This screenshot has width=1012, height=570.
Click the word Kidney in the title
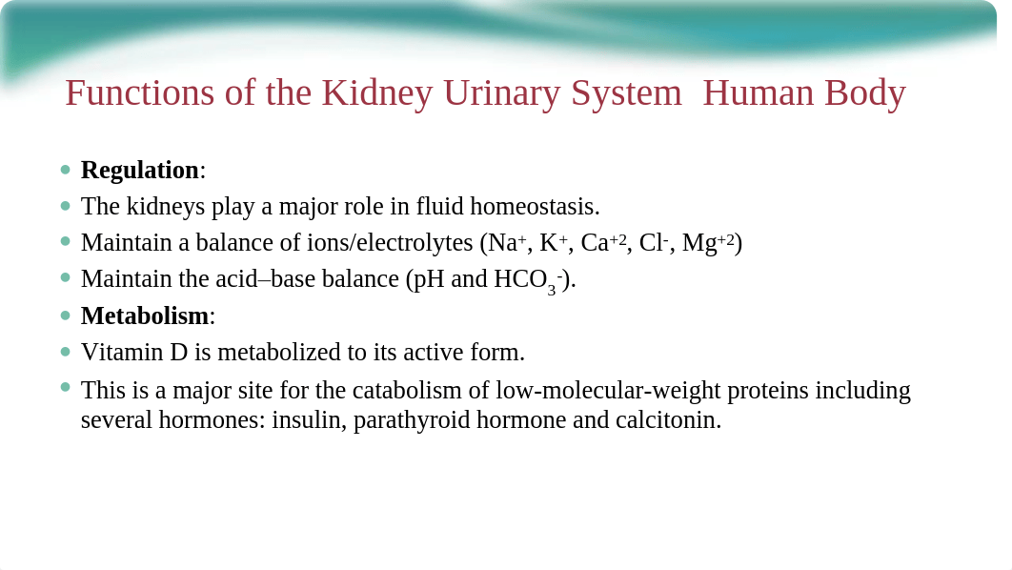(x=377, y=93)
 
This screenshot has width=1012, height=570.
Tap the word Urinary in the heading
(x=502, y=93)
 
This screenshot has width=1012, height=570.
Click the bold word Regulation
(x=140, y=171)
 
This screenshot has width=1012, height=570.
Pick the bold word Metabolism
(x=145, y=316)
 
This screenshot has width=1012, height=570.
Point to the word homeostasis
(x=535, y=207)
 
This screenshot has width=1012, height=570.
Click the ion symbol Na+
(x=503, y=243)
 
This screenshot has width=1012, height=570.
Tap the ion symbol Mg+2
(x=708, y=243)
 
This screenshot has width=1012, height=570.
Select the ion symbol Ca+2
(x=603, y=243)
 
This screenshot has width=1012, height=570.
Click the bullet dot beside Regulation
(x=65, y=170)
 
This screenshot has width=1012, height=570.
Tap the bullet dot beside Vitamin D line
(x=65, y=352)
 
